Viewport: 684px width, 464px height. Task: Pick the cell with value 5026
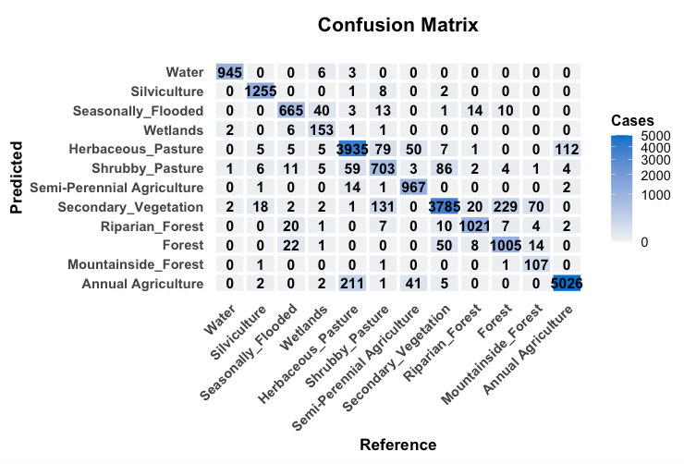click(565, 284)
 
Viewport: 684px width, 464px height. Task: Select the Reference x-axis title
click(397, 445)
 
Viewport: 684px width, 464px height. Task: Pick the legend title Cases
click(633, 121)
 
